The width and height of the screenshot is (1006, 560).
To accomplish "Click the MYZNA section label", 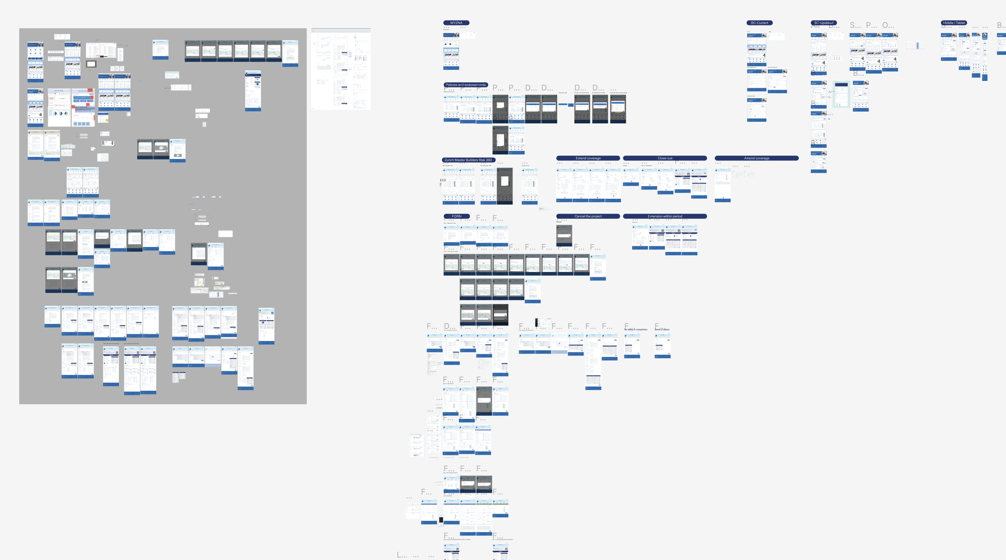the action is click(456, 23).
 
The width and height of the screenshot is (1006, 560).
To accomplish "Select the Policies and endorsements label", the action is click(466, 85).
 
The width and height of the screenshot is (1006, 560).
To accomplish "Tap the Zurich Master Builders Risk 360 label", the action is click(468, 160).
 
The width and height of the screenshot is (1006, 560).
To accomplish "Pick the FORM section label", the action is click(457, 216).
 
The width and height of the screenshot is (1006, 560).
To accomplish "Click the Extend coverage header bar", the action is click(588, 159).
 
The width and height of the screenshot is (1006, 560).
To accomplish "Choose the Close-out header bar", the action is click(665, 159).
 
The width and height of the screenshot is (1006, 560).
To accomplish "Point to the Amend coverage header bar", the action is click(757, 159).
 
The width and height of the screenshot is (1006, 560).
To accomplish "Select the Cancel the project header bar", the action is click(588, 216).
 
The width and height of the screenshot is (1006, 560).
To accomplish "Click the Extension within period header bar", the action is click(665, 216).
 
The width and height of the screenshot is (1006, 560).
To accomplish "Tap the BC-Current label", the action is click(759, 23).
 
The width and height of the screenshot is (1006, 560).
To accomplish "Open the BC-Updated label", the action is click(824, 23).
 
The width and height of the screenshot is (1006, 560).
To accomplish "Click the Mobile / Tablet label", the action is click(954, 23).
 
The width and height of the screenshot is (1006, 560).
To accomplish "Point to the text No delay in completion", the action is click(636, 329).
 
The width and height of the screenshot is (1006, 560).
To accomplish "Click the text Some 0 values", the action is click(662, 329).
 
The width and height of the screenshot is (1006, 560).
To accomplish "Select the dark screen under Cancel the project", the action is click(564, 235).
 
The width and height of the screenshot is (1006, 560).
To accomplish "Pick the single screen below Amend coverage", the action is click(722, 185).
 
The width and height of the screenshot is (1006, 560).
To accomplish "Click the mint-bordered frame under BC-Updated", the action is click(841, 94).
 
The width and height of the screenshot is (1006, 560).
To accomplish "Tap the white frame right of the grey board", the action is click(340, 69).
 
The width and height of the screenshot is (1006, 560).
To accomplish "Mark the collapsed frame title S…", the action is click(855, 26).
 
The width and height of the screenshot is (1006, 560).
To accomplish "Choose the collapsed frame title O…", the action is click(888, 26).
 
